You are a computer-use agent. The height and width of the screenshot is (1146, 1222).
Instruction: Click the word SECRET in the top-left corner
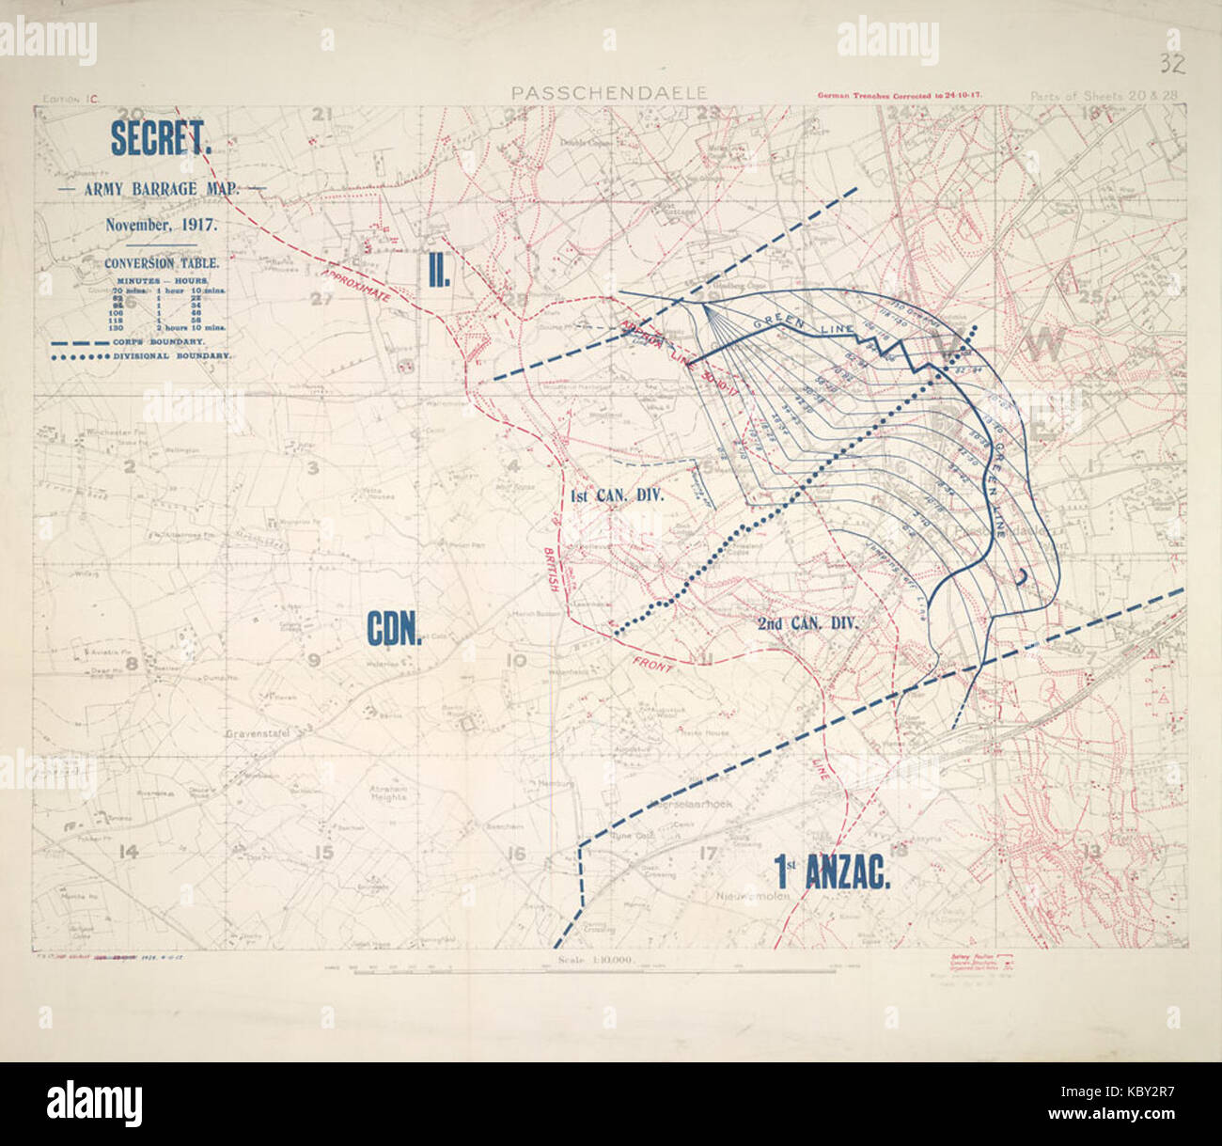tap(161, 139)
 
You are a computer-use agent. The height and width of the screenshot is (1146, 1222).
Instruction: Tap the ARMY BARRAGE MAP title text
tap(161, 188)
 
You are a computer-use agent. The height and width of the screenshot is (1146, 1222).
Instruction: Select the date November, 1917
tap(161, 225)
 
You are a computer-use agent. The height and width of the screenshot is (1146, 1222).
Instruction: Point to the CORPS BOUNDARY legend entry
tap(141, 341)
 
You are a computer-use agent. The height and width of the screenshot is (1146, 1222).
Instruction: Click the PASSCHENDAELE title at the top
tap(609, 93)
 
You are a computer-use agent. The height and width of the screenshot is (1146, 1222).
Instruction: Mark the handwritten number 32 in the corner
tap(1171, 64)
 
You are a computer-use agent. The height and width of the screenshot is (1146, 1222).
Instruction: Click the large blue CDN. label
tap(393, 630)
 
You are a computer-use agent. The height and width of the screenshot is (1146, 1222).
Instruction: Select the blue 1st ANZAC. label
tap(832, 873)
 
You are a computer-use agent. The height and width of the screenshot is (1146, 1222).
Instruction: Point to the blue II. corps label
tap(438, 272)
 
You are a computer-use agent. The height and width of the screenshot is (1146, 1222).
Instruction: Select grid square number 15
tap(324, 854)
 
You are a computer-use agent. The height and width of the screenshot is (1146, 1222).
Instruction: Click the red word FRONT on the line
tap(652, 665)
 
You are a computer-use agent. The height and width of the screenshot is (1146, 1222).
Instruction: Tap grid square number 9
tap(314, 660)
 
